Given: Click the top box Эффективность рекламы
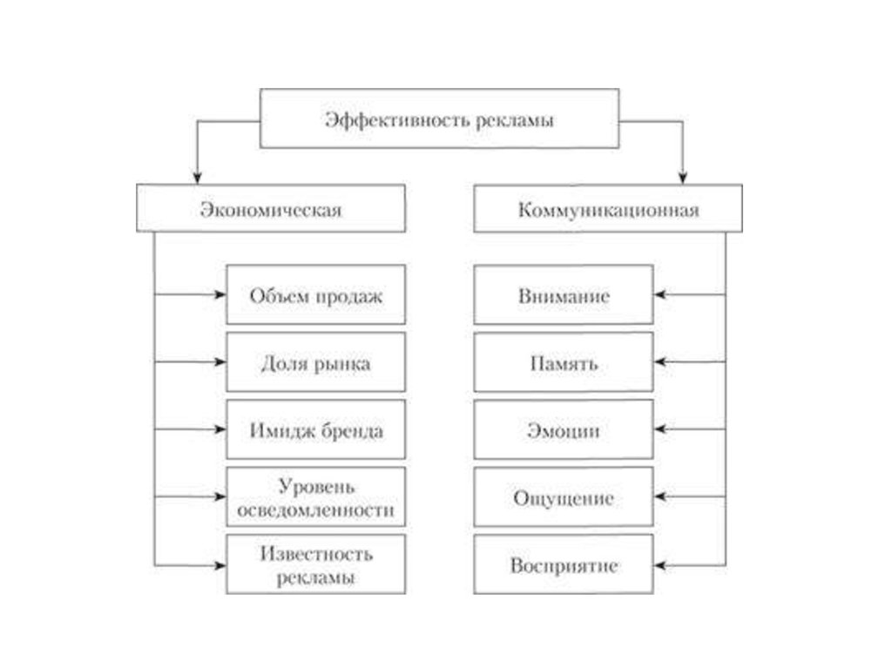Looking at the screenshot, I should [440, 118].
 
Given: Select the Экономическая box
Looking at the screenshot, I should [271, 209].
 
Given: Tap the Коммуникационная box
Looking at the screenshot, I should [608, 209].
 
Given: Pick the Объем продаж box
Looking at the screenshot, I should [315, 294].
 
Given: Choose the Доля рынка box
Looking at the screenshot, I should [315, 362].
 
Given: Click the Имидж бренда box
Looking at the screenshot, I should [315, 429].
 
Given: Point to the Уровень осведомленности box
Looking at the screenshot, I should [315, 496].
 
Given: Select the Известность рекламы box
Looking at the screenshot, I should [315, 564].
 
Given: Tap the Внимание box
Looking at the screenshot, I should [564, 294].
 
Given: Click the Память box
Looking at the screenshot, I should [564, 362].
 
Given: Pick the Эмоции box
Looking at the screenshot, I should [564, 429].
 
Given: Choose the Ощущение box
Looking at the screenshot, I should [564, 497].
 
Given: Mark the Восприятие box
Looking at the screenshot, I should [564, 564].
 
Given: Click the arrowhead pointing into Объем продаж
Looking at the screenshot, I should [220, 294].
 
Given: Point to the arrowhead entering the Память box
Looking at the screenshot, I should [659, 362].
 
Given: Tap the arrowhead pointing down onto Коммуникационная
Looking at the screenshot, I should [683, 178].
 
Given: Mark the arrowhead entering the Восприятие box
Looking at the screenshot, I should [659, 564].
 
